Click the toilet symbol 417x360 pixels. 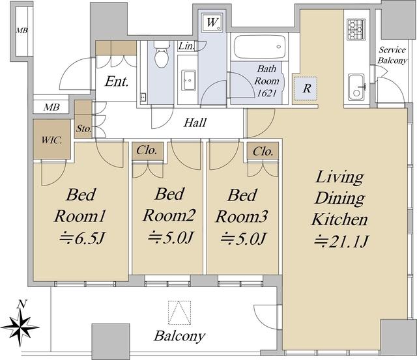162,55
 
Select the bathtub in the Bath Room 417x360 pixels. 260,47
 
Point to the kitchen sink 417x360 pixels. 356,87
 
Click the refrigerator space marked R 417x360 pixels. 305,89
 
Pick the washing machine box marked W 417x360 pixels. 212,22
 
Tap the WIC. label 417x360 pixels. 51,140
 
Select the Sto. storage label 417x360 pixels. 84,129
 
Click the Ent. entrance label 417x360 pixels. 117,81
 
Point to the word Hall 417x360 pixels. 195,122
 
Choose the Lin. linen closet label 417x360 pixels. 186,46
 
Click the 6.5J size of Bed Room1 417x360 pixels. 82,238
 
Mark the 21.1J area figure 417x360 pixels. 341,242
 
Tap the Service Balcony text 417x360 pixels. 392,55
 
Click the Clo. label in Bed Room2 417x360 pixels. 146,150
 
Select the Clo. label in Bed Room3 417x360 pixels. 263,152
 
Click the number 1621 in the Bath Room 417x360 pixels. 266,93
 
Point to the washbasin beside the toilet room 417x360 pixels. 188,81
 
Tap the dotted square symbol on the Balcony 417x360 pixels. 180,312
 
